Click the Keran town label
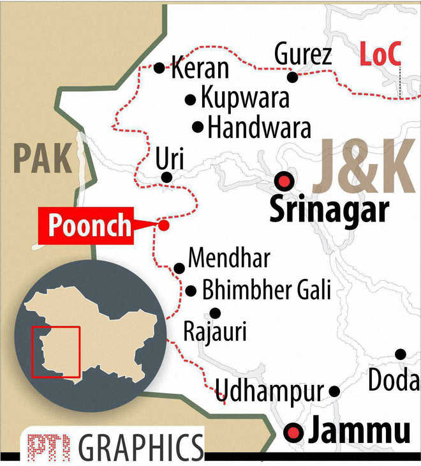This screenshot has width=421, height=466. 200,68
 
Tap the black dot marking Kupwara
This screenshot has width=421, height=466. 190,100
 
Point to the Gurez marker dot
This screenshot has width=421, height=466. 292,77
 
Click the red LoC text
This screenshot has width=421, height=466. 380,56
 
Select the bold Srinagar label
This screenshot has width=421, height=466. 329,209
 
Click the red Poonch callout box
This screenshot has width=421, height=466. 89,226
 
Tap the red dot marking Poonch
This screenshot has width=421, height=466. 164,225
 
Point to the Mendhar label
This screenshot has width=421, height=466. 229,259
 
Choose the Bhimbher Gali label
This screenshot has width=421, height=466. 267,291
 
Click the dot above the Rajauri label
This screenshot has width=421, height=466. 215,313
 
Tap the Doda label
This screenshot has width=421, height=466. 394,381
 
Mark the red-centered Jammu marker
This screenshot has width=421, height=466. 294,433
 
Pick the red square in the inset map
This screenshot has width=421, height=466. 56,352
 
